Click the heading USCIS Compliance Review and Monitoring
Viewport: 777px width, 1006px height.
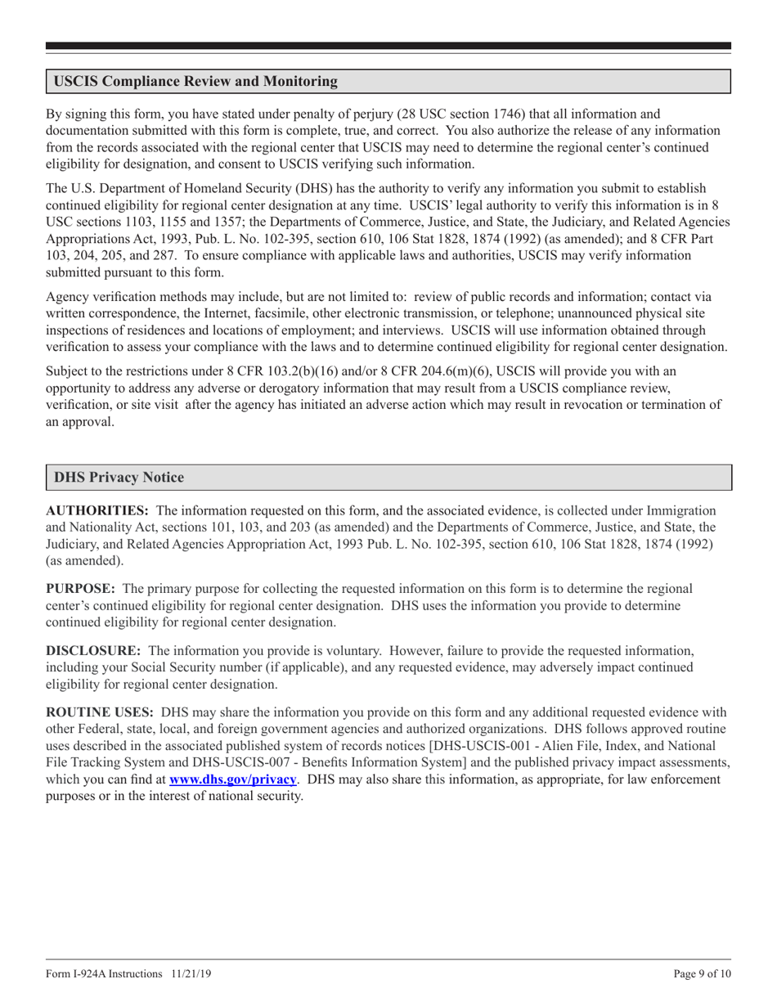(x=195, y=82)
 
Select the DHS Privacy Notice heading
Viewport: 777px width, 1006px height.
(x=119, y=478)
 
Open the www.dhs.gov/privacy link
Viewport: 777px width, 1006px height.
(x=232, y=779)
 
